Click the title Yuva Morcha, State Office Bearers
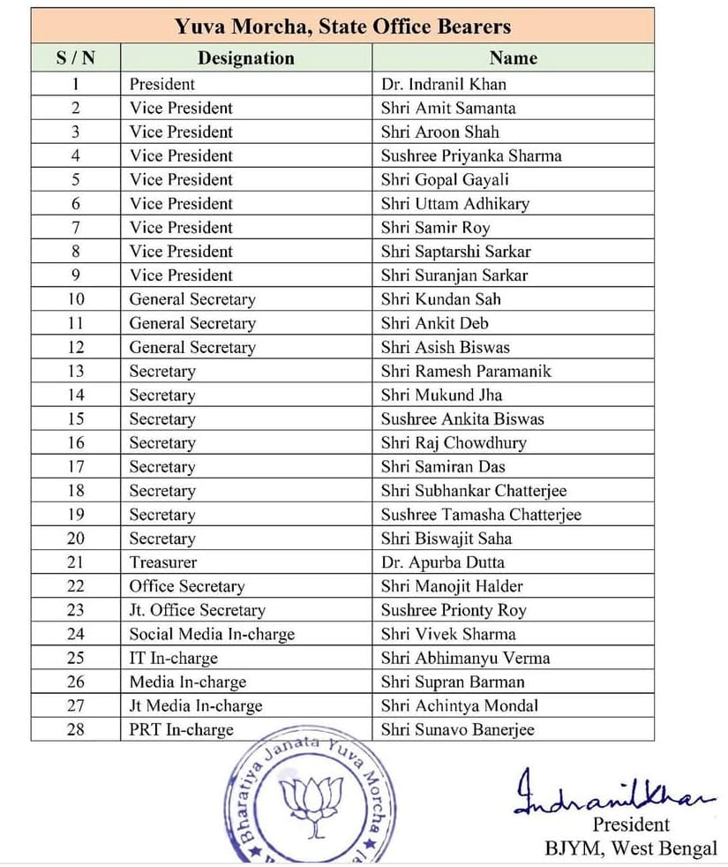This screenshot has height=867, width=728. click(x=343, y=26)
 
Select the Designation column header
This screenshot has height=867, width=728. click(x=245, y=58)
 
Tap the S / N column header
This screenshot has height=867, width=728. click(x=75, y=58)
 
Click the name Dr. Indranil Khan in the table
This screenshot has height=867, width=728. click(x=443, y=85)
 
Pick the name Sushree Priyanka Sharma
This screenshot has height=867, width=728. click(x=471, y=156)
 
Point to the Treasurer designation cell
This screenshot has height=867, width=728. click(x=163, y=562)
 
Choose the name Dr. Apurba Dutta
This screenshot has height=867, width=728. click(x=443, y=562)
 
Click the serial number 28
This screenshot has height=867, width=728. click(x=76, y=729)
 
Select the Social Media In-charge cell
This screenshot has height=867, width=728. click(x=212, y=634)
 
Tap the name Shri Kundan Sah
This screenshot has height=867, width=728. click(x=442, y=299)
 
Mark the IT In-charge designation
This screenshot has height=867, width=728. click(x=173, y=658)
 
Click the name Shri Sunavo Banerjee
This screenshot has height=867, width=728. click(x=457, y=729)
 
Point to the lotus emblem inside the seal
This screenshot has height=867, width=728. click(x=311, y=803)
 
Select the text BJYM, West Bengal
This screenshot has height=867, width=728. click(x=630, y=849)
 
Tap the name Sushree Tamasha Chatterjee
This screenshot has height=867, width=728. click(x=481, y=515)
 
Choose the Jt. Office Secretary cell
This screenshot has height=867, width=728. click(x=197, y=610)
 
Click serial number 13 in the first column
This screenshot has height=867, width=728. click(x=76, y=371)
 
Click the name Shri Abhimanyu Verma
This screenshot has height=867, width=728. click(x=465, y=658)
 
